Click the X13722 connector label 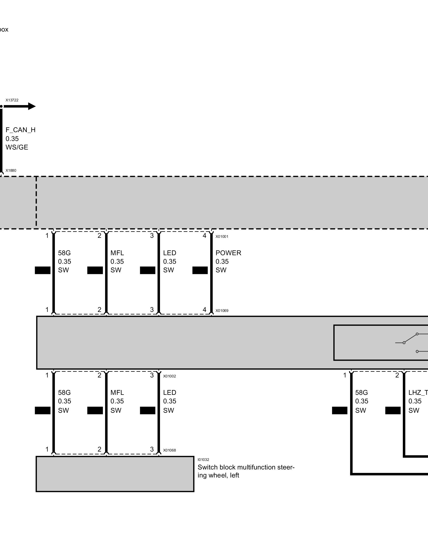pyautogui.click(x=12, y=100)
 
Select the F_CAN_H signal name pyautogui.click(x=21, y=130)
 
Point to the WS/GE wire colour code pyautogui.click(x=17, y=147)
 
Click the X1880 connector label pyautogui.click(x=11, y=170)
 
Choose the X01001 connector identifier pyautogui.click(x=222, y=236)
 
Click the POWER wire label pyautogui.click(x=228, y=253)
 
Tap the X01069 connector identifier pyautogui.click(x=222, y=311)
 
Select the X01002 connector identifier pyautogui.click(x=170, y=376)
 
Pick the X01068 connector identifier pyautogui.click(x=170, y=450)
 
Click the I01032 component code pyautogui.click(x=203, y=460)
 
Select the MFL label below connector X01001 pyautogui.click(x=117, y=253)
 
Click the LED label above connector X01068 pyautogui.click(x=170, y=393)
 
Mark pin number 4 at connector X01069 pyautogui.click(x=204, y=310)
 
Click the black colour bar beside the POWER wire pyautogui.click(x=200, y=270)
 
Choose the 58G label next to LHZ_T pyautogui.click(x=361, y=393)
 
